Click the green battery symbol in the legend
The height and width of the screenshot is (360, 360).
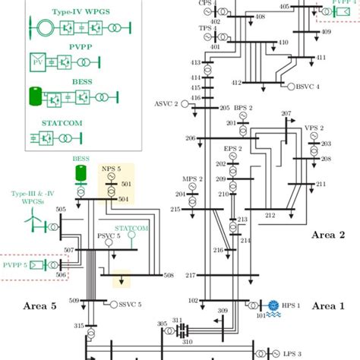coord(36,96)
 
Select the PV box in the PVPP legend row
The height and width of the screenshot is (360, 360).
coord(37,61)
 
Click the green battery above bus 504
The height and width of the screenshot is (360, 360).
coord(81,175)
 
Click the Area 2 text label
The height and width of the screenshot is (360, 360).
coord(328,235)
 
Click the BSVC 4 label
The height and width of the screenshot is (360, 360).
coord(307,87)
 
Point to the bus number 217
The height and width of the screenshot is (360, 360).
coord(191,275)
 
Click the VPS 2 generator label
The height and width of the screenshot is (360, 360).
coord(314,128)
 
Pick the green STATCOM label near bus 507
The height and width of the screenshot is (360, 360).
coord(131,228)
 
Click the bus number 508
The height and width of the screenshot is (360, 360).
coord(169,275)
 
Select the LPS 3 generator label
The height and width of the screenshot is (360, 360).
coord(292,353)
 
